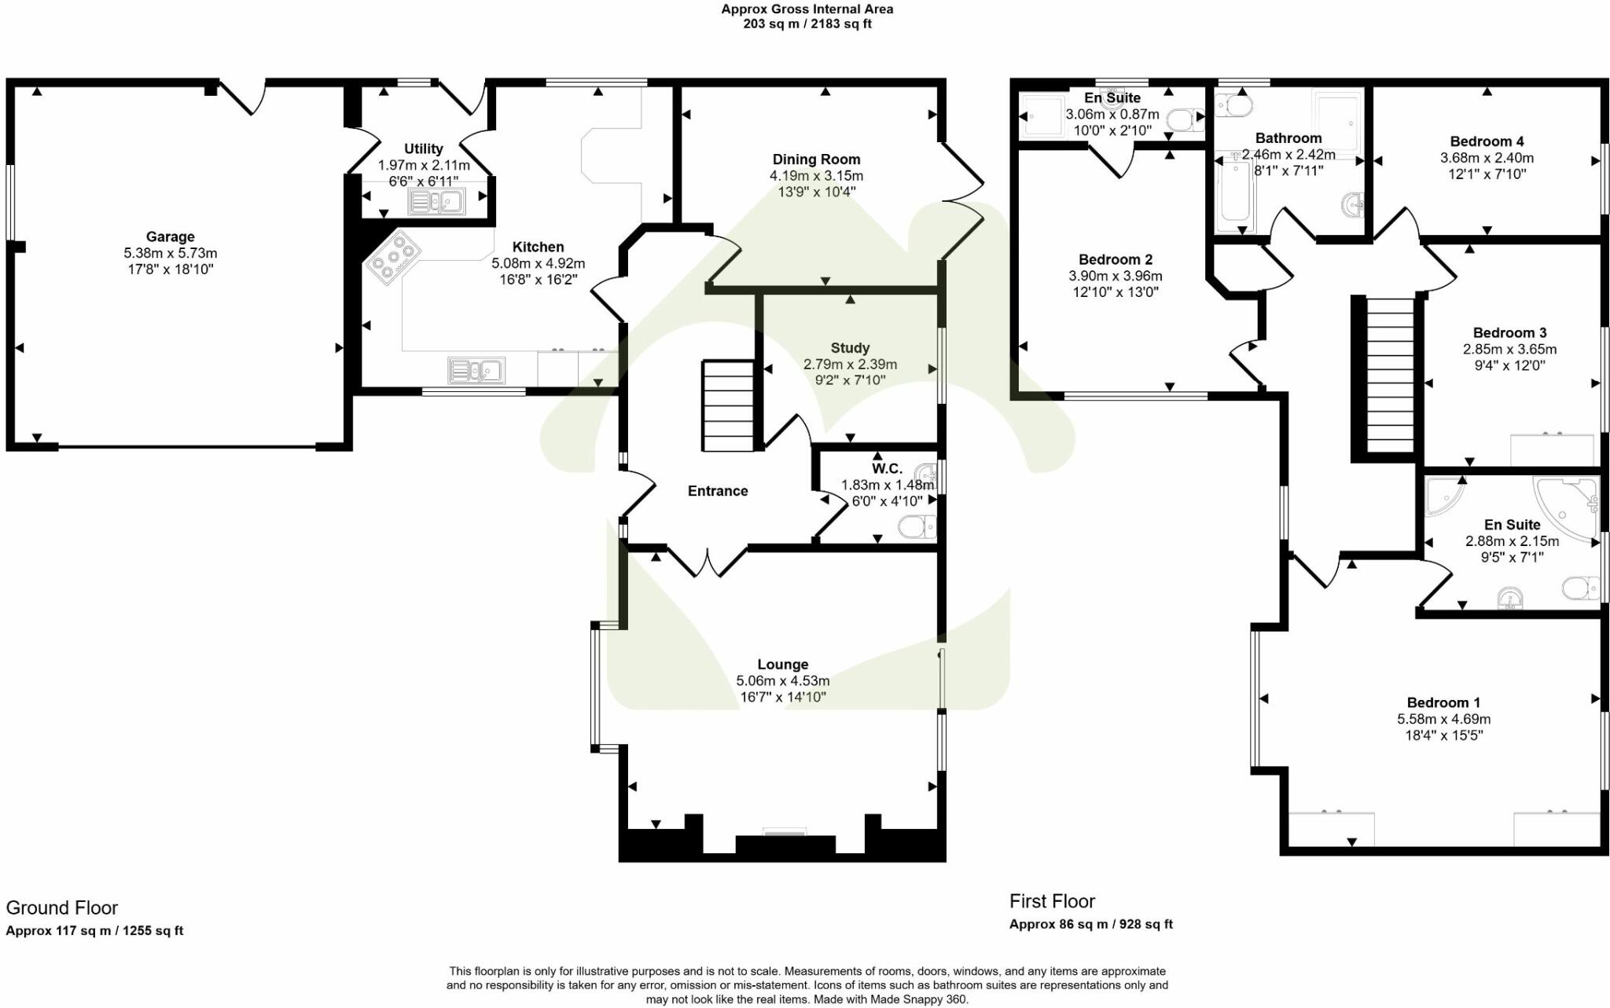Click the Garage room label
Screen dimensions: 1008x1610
point(170,236)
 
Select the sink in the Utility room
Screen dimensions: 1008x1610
point(436,203)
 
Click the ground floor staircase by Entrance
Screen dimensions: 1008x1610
point(728,405)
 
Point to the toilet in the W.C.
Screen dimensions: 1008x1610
point(917,526)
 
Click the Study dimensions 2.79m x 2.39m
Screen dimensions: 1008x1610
point(850,365)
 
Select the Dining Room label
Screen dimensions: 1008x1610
point(816,159)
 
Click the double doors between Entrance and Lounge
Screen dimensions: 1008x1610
point(707,561)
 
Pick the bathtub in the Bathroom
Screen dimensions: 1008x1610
point(1233,192)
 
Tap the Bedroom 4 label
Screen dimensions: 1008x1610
point(1487,141)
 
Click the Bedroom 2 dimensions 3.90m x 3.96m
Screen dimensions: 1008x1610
point(1115,276)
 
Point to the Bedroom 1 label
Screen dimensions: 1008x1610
point(1443,702)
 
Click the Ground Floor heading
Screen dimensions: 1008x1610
point(62,907)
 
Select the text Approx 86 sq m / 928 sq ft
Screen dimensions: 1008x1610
point(1090,924)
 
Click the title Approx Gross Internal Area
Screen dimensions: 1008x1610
point(807,9)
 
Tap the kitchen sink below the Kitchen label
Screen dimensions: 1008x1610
point(476,369)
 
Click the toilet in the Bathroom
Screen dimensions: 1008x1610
point(1233,104)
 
